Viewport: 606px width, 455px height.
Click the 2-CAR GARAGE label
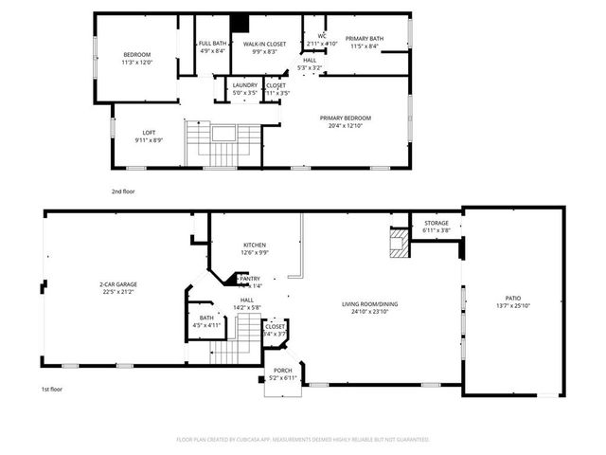tap(118, 284)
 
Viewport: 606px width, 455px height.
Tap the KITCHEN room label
tap(255, 245)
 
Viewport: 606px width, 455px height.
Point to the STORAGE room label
tap(436, 224)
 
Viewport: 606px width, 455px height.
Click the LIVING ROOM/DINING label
tap(369, 304)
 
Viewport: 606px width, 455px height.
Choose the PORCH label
tap(282, 371)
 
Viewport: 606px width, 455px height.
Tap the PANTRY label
tap(249, 279)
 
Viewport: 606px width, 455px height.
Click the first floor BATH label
tap(206, 318)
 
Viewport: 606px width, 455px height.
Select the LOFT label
tap(149, 133)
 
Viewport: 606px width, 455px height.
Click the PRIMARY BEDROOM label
tap(345, 118)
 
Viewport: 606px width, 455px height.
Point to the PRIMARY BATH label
tap(364, 39)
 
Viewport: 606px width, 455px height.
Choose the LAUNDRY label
tap(245, 86)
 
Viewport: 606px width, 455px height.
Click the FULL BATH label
tap(212, 45)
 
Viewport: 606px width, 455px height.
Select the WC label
tap(321, 37)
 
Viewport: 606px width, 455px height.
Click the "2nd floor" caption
tap(123, 191)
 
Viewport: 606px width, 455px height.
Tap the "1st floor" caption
tap(51, 390)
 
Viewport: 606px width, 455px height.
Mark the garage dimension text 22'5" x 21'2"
tap(118, 292)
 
